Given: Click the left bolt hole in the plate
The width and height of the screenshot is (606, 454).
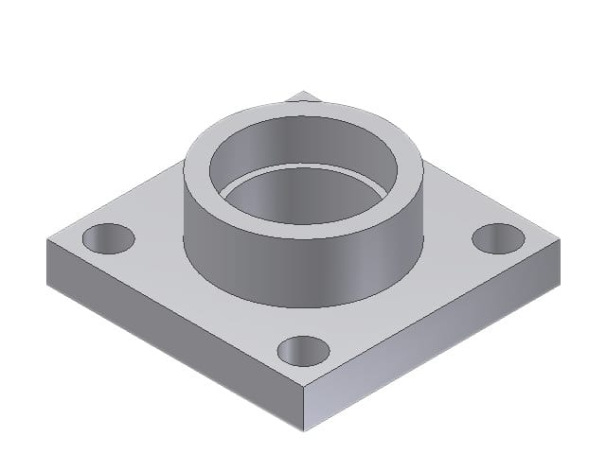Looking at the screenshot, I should point(108,238).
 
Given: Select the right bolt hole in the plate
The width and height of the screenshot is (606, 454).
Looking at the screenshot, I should point(498,238).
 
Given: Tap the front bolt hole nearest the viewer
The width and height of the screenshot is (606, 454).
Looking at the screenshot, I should point(303,350).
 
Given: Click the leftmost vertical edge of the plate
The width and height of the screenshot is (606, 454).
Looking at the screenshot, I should point(46,260).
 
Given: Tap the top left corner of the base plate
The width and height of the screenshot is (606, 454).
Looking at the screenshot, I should point(46,239).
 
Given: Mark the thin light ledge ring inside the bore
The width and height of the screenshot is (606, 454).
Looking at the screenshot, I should point(303,171).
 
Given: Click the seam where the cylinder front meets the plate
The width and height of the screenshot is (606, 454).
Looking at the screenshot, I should point(303,306).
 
